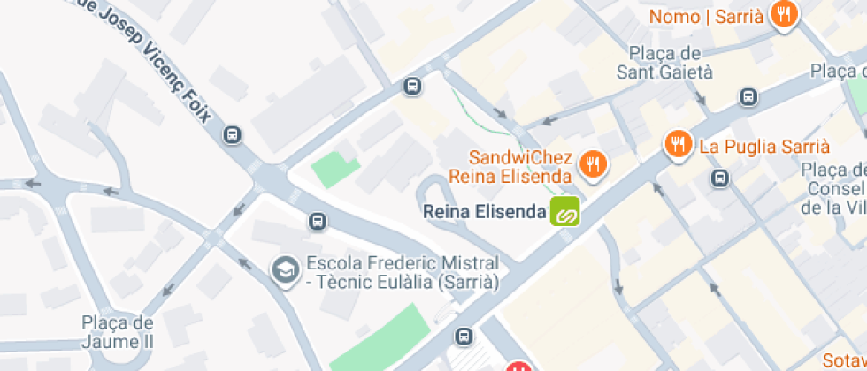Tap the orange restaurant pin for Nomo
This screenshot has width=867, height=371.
(784, 15)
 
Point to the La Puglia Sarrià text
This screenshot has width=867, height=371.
(764, 146)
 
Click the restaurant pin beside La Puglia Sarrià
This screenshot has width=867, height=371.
(678, 144)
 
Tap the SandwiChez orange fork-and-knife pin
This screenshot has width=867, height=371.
(593, 163)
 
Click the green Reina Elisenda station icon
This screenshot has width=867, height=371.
(564, 212)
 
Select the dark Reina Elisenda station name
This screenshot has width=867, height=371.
(485, 212)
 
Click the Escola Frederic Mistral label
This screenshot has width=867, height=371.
(403, 273)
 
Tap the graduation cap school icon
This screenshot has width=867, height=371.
(285, 270)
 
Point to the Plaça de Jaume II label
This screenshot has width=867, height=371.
(118, 331)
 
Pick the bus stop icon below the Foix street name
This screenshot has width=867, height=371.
(233, 135)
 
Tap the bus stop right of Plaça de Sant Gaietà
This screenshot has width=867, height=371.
(748, 96)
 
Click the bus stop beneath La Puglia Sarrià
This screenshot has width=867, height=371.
(721, 178)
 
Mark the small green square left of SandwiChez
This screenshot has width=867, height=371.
(337, 169)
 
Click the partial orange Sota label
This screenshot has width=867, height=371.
(844, 360)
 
